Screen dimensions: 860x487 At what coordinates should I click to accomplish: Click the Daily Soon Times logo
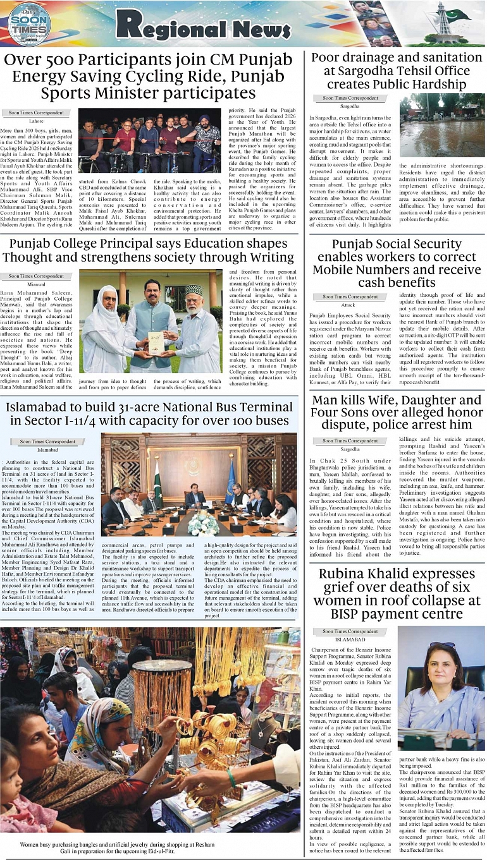coord(28,23)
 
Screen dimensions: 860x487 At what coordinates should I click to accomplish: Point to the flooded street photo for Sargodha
coord(441,125)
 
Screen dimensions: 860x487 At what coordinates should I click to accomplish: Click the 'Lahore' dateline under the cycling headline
coord(37,121)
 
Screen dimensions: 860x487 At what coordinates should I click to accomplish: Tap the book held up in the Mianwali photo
coord(156,342)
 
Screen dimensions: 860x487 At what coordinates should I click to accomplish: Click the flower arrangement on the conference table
coord(203,524)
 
